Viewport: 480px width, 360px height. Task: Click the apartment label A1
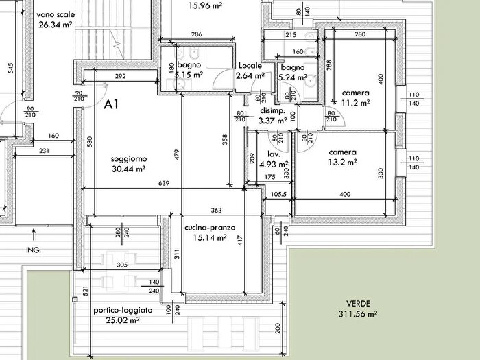point(111,104)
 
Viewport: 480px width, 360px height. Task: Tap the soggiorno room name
point(129,159)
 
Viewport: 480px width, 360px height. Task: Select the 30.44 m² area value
point(128,169)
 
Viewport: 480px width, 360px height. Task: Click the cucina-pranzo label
point(210,228)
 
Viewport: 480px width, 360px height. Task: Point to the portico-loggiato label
point(123,311)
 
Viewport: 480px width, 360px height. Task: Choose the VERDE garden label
point(358,304)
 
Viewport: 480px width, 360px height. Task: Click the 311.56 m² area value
point(357,314)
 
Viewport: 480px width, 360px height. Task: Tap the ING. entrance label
point(34,250)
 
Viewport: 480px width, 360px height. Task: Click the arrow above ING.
point(34,235)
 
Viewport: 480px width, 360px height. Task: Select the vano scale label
point(56,14)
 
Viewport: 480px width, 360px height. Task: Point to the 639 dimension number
point(164,183)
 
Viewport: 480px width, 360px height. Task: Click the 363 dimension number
point(216,210)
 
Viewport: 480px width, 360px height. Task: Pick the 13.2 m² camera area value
point(343,162)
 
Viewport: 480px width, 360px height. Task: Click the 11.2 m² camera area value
point(355,103)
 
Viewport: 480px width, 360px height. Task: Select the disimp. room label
point(272,111)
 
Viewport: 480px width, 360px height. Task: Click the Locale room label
point(250,66)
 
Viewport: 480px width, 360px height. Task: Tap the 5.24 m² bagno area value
point(293,77)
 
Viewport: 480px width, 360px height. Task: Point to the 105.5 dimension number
point(279,194)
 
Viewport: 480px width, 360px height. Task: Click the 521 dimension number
point(86,291)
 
